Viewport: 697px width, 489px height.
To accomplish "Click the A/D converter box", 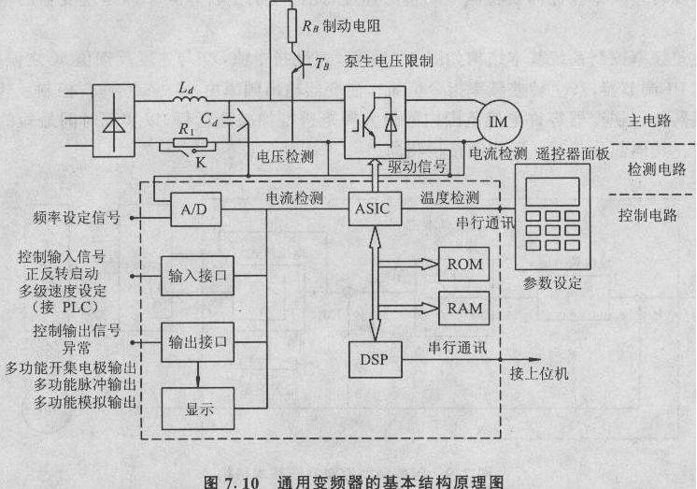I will [194, 210].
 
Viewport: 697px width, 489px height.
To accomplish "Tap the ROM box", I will [464, 265].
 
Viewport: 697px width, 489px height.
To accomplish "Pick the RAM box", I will [464, 307].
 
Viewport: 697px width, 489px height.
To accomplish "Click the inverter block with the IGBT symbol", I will [375, 120].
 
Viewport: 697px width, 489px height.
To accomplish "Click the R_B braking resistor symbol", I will [292, 26].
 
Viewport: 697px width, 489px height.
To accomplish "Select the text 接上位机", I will [539, 374].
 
